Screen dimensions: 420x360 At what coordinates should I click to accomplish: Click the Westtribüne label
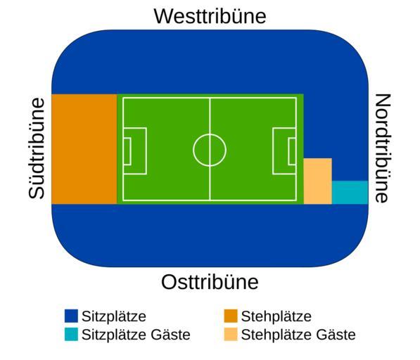click(210, 16)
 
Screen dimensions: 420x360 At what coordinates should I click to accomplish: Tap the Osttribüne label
click(210, 282)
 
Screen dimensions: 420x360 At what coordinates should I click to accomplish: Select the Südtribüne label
click(37, 149)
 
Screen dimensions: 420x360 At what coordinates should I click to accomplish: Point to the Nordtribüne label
click(383, 148)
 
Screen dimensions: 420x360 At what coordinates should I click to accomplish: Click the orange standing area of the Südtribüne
click(84, 149)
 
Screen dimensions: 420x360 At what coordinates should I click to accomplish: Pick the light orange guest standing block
click(318, 181)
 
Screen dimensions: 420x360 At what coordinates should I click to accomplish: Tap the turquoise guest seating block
click(350, 193)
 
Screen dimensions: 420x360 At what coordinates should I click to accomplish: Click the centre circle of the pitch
click(210, 134)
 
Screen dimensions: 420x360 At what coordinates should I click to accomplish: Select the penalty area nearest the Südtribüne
click(146, 151)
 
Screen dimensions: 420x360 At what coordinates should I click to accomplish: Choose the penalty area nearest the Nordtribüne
click(273, 151)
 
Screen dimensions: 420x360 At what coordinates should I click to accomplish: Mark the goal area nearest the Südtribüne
click(130, 151)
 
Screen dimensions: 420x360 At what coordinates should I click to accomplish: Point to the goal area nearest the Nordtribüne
click(288, 151)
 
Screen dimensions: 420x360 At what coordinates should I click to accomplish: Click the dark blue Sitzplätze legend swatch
click(71, 316)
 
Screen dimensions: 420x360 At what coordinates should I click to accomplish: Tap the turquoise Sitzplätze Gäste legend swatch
click(71, 334)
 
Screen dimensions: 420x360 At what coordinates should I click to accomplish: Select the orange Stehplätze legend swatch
click(231, 316)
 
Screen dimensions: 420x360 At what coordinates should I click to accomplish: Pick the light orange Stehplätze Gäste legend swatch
click(231, 334)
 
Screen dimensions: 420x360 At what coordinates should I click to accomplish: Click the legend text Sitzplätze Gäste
click(136, 335)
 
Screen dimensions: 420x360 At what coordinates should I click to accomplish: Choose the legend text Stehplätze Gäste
click(298, 335)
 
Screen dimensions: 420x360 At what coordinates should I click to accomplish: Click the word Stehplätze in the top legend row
click(276, 316)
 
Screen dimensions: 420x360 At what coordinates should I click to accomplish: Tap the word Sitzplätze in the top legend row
click(114, 316)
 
